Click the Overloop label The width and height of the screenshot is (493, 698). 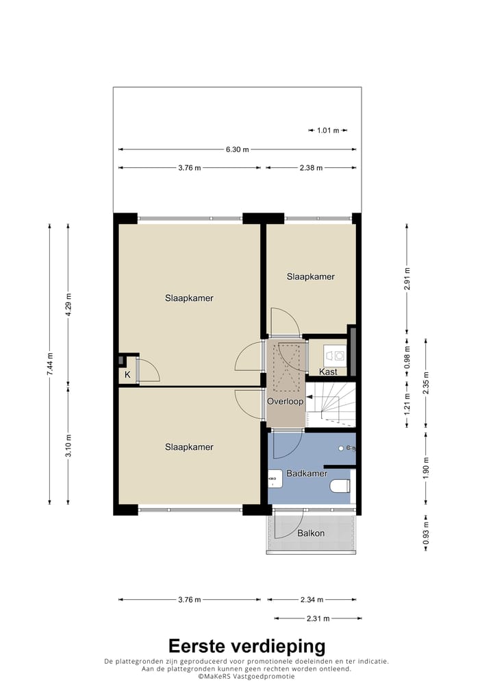[x=285, y=401]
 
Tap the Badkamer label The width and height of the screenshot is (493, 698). [x=307, y=473]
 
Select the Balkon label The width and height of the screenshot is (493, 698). [x=311, y=533]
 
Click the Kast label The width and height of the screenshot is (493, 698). [x=328, y=372]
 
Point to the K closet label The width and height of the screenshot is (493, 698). [x=127, y=375]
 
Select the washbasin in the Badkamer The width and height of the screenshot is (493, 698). [x=275, y=478]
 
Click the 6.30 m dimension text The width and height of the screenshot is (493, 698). [x=236, y=149]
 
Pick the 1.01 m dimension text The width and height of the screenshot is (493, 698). [x=328, y=130]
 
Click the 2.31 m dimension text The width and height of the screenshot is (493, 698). [x=318, y=618]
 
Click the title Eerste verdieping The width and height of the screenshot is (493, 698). [x=246, y=645]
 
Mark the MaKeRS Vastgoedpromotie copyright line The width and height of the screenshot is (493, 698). [x=246, y=676]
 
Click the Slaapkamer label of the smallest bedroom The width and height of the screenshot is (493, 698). [x=311, y=276]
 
